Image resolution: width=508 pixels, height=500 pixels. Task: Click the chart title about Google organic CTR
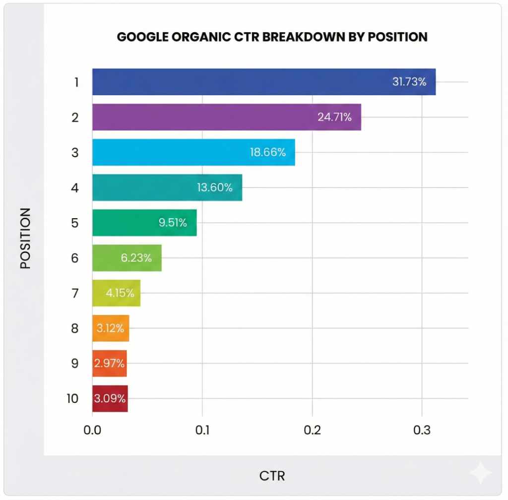coord(272,37)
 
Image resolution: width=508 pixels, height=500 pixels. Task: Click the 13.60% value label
coord(214,187)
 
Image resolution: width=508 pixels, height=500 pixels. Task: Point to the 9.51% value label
coord(173,223)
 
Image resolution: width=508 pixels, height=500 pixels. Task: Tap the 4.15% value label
coord(120,293)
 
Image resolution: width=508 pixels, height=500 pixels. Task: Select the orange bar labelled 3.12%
coord(111,328)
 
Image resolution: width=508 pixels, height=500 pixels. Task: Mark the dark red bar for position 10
coord(110,398)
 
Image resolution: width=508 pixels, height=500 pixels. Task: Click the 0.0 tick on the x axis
coord(92,430)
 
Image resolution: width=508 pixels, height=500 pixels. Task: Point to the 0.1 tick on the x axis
coord(202,430)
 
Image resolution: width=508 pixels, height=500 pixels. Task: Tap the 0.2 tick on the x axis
coord(312,430)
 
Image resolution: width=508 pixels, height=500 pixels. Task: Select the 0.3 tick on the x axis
coord(421,430)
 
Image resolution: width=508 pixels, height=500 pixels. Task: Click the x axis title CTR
coord(272,476)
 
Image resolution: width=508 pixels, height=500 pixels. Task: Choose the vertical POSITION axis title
coord(25,238)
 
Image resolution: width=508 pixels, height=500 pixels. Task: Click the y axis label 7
coord(74,293)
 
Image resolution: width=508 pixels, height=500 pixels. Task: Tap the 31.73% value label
coord(409,82)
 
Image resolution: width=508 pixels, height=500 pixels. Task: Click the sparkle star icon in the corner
coord(480,473)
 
